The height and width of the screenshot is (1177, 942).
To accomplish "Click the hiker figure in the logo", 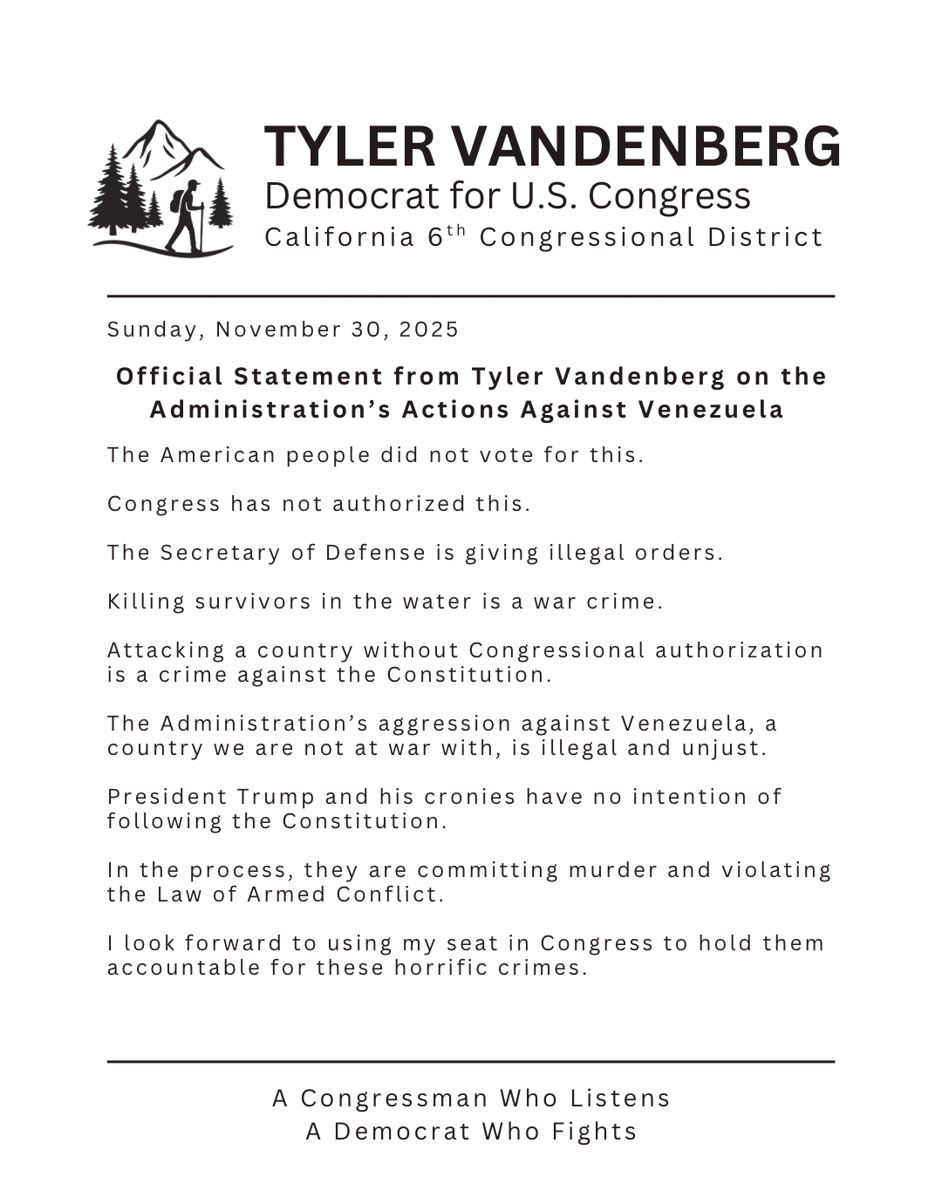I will coord(187,216).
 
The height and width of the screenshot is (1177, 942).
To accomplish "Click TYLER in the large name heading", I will coord(349,146).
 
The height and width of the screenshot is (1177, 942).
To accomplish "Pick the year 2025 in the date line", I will coord(429,330).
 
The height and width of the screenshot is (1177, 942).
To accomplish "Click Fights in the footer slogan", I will coord(594,1132).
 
